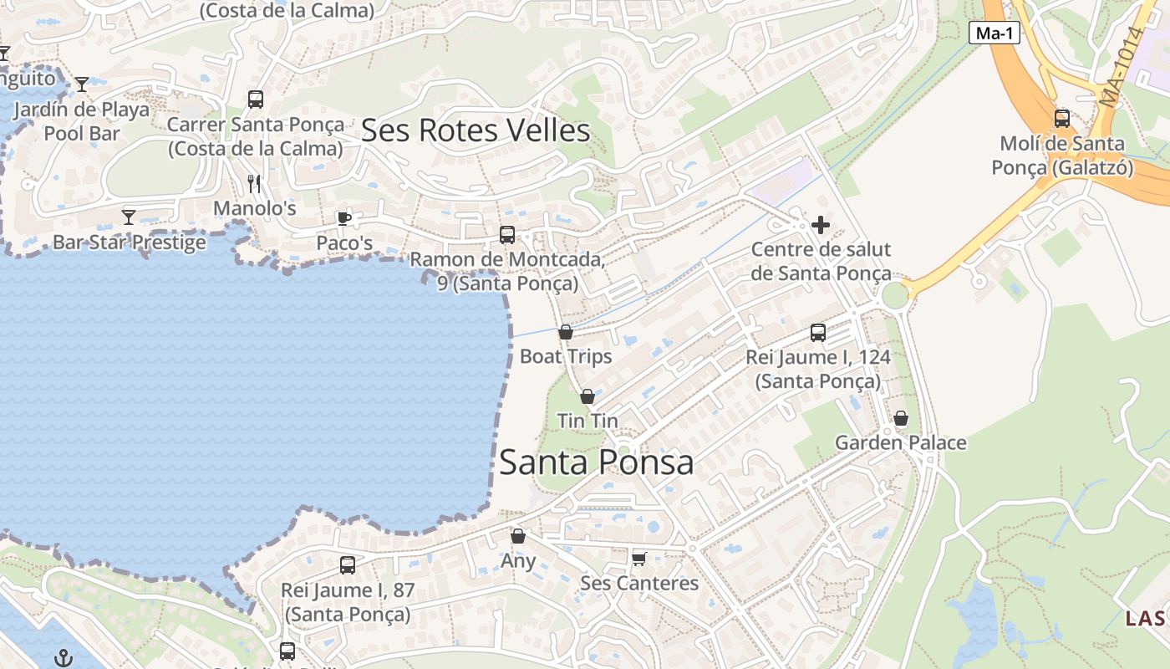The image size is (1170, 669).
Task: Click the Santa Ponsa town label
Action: [x=596, y=462]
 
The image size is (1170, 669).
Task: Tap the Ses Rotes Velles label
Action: [x=476, y=130]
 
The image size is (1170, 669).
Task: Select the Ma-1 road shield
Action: [x=994, y=33]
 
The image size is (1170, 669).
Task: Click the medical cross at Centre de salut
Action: [x=821, y=224]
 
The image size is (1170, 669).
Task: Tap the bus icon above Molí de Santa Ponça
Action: [x=1062, y=119]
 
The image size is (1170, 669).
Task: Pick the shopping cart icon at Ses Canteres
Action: [x=639, y=558]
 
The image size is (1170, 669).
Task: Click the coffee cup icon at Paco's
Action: [x=343, y=218]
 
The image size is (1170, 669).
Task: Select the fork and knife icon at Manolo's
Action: [x=255, y=183]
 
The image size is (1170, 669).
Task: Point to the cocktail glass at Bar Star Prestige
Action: [x=129, y=217]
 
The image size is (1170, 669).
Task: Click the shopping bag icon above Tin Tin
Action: [x=588, y=396]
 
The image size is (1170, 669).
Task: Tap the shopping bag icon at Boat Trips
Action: [x=566, y=332]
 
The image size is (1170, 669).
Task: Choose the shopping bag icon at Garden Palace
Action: [x=901, y=418]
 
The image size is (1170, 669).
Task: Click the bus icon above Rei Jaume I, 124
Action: [x=818, y=333]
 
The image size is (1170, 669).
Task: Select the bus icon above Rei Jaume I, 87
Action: [x=348, y=565]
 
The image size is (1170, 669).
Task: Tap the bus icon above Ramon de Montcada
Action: [x=507, y=235]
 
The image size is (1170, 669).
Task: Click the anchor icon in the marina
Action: [x=64, y=658]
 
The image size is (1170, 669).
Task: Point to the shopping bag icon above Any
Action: [x=518, y=536]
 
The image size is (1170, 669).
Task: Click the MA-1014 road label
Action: [x=1122, y=67]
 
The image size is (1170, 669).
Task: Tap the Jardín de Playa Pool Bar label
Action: [x=82, y=121]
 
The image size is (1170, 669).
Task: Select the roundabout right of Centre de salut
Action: [x=894, y=295]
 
